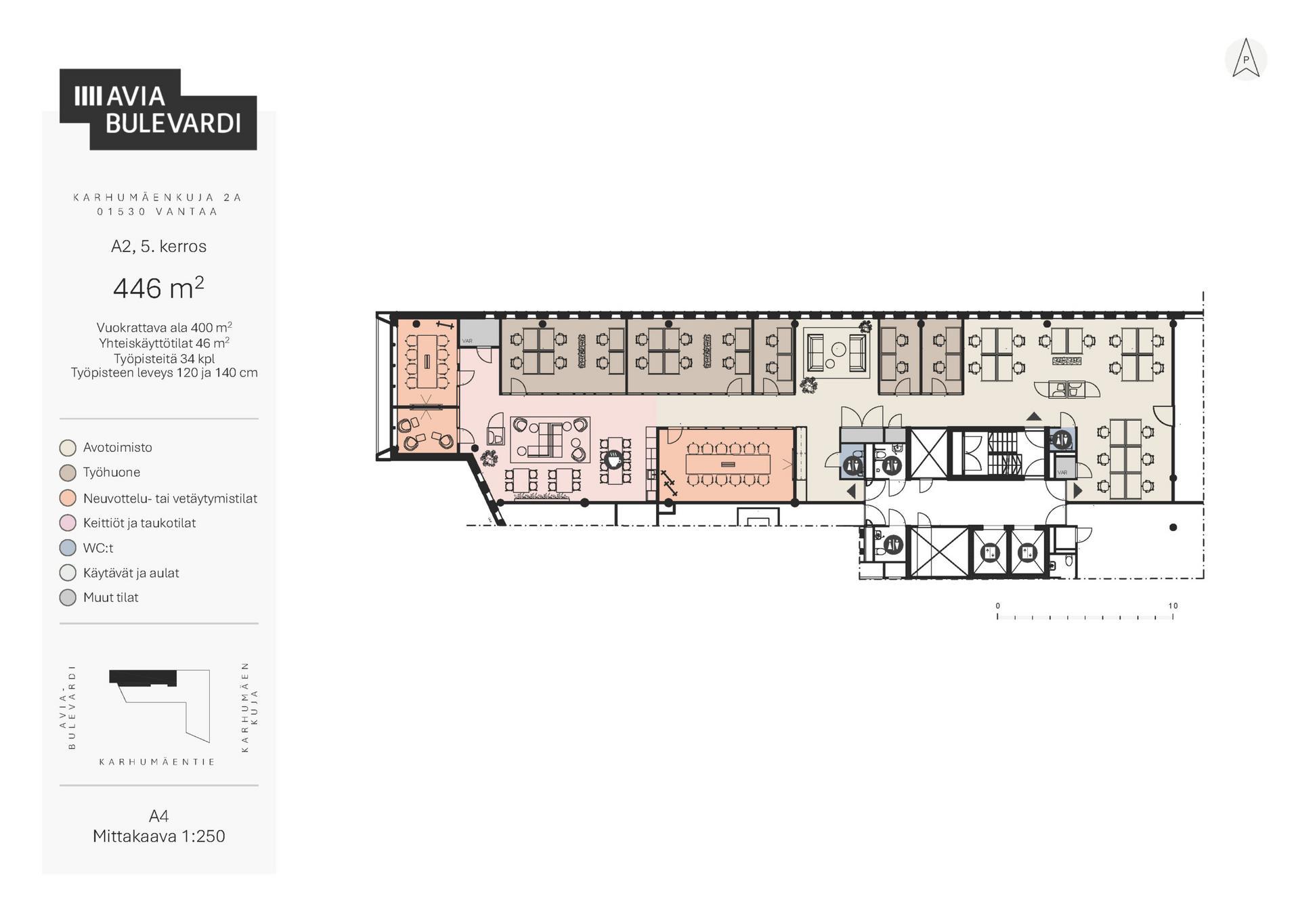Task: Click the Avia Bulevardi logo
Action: pyautogui.click(x=158, y=109)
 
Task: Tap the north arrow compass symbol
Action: pyautogui.click(x=1246, y=59)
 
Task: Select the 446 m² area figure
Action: pyautogui.click(x=158, y=288)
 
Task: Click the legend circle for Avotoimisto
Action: pyautogui.click(x=68, y=448)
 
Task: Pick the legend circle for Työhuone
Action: pyautogui.click(x=68, y=473)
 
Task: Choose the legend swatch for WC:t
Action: pyautogui.click(x=68, y=548)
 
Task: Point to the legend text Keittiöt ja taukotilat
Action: pyautogui.click(x=139, y=523)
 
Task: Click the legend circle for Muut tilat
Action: pyautogui.click(x=68, y=598)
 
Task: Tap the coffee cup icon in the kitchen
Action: pyautogui.click(x=613, y=460)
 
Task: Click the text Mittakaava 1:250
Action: pyautogui.click(x=159, y=836)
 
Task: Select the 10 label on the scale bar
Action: pyautogui.click(x=1173, y=605)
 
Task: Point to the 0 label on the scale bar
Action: pyautogui.click(x=997, y=605)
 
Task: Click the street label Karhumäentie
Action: pyautogui.click(x=157, y=762)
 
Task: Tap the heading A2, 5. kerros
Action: pyautogui.click(x=158, y=247)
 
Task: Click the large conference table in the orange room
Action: pyautogui.click(x=728, y=464)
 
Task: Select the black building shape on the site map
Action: pyautogui.click(x=143, y=678)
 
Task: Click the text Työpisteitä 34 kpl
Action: pyautogui.click(x=164, y=359)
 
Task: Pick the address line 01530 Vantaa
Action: pyautogui.click(x=157, y=211)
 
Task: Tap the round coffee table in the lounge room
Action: pyautogui.click(x=839, y=349)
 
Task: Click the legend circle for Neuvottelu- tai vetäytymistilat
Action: pyautogui.click(x=68, y=498)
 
